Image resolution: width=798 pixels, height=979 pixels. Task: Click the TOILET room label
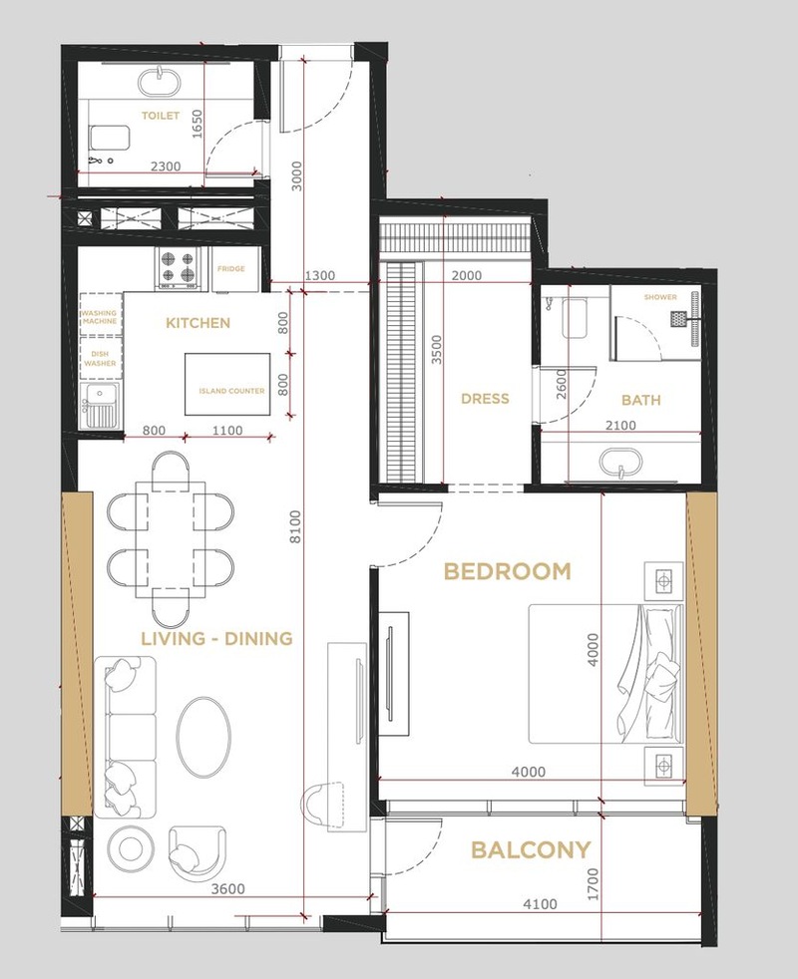pos(161,116)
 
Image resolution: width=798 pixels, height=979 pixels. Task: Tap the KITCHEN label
pos(199,323)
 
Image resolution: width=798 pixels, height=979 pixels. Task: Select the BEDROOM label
pos(508,571)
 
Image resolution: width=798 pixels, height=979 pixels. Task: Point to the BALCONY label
pos(531,849)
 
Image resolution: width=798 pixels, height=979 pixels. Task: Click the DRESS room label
pos(485,399)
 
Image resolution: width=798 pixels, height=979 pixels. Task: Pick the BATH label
pos(641,400)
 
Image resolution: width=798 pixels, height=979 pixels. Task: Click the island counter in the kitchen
pos(228,385)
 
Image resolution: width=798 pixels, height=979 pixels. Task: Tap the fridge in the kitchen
pos(235,269)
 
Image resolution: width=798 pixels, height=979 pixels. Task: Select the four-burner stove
pos(179,267)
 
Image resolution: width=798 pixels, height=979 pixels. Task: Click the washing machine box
pos(100,317)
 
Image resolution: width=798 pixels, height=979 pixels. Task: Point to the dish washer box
pos(100,358)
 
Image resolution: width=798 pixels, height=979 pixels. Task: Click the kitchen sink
pos(100,407)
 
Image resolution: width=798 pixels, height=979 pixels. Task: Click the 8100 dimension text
pos(295,527)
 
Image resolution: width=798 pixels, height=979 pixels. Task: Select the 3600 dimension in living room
pos(227,888)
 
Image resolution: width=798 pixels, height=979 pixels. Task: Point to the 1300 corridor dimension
pos(320,275)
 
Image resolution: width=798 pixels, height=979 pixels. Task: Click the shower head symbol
pos(679,319)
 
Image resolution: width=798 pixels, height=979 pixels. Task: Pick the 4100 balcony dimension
pos(540,904)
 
